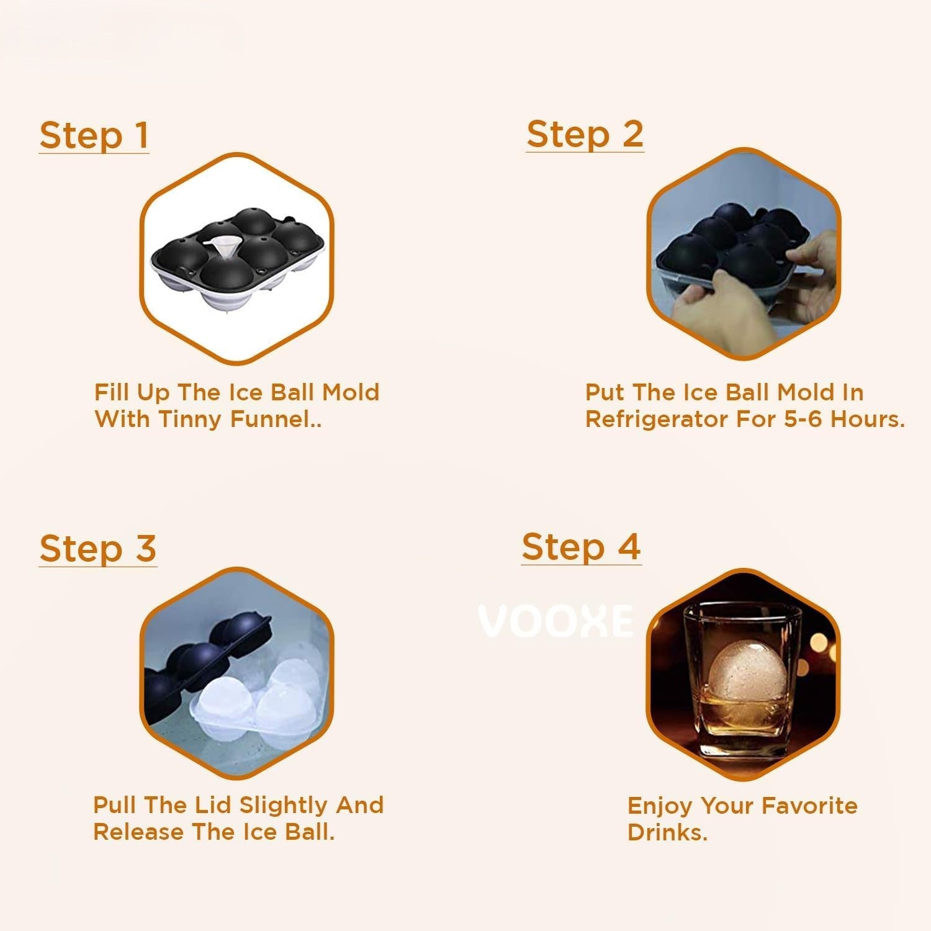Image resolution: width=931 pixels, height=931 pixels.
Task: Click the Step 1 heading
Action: (94, 136)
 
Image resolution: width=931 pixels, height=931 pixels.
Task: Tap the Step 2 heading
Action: (585, 135)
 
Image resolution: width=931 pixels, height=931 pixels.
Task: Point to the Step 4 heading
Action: (581, 547)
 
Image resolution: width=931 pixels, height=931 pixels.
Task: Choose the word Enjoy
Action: (660, 806)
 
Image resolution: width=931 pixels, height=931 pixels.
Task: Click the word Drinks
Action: (667, 832)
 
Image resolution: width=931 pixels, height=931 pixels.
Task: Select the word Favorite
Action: (809, 806)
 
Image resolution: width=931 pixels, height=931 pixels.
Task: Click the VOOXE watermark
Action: (556, 621)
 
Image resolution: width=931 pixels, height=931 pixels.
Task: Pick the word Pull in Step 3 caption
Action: (116, 805)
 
